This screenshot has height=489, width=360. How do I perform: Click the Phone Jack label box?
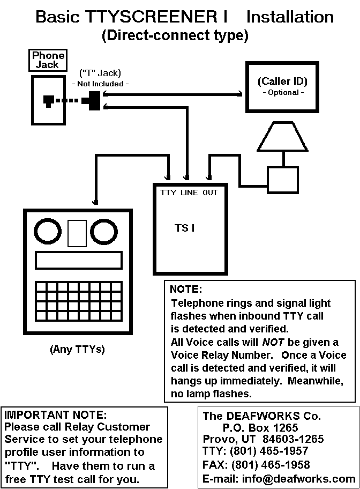click(x=48, y=60)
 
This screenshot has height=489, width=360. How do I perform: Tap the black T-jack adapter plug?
click(x=93, y=100)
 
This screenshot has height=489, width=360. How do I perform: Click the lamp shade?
click(x=282, y=137)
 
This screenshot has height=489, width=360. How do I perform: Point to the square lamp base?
click(x=283, y=179)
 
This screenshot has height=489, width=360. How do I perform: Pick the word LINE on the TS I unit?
click(x=189, y=192)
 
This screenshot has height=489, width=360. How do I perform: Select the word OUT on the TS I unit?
click(x=210, y=192)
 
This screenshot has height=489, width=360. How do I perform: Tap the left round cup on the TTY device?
click(x=49, y=232)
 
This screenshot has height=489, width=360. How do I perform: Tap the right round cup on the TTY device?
click(x=104, y=232)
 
